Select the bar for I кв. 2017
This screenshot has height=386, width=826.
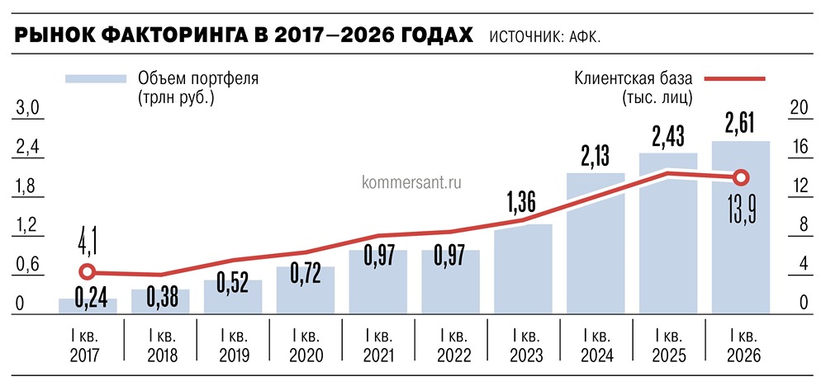88,306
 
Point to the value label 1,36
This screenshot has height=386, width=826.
523,203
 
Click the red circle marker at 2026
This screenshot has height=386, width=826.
741,177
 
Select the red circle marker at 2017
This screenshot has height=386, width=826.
88,271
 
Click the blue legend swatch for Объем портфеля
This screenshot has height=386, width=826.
96,78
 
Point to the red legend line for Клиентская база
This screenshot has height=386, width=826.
734,79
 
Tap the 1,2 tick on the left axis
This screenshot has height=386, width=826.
28,225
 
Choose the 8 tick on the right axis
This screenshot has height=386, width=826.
798,225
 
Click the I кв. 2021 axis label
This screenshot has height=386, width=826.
377,346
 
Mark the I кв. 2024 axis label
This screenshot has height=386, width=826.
596,346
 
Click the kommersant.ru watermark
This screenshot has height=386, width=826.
411,181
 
